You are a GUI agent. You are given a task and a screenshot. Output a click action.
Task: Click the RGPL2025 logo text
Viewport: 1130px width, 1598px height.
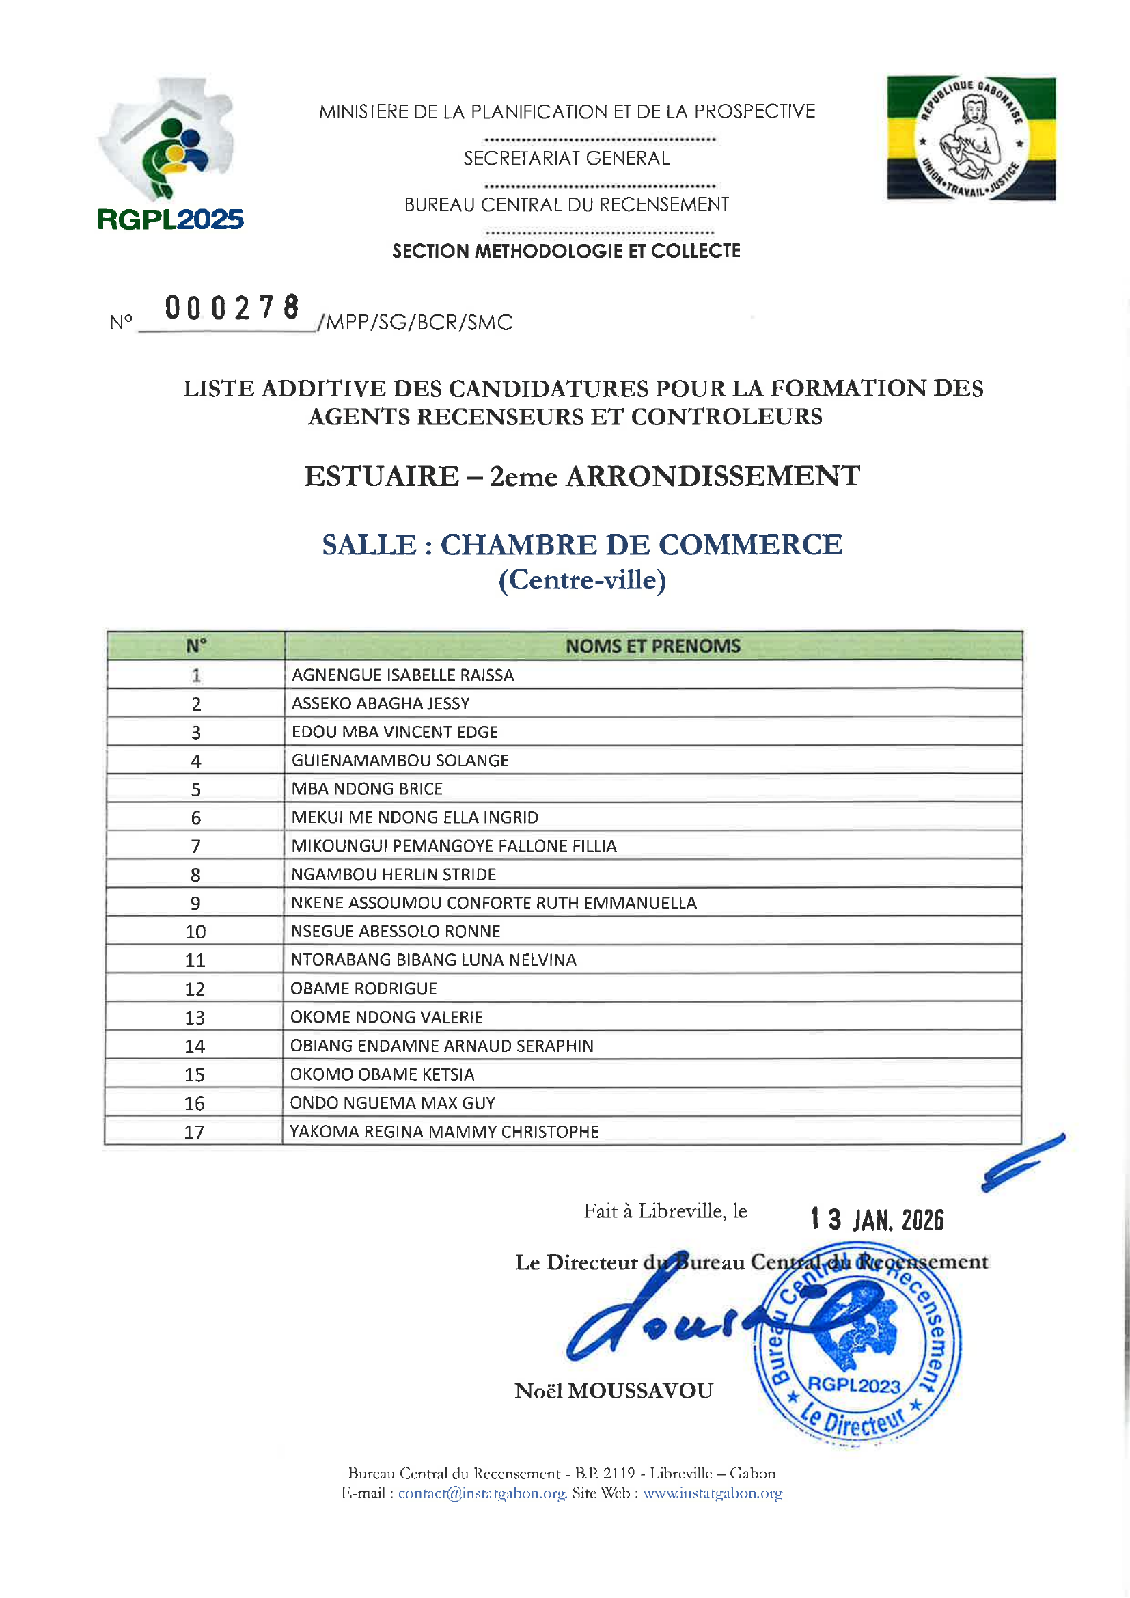(x=170, y=219)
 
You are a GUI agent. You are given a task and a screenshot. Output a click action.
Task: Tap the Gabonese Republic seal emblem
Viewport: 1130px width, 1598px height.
(x=971, y=139)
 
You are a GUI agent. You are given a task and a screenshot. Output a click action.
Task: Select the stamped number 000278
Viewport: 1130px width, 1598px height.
(x=232, y=308)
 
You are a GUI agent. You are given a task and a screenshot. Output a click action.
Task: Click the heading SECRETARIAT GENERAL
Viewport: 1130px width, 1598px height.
(x=566, y=159)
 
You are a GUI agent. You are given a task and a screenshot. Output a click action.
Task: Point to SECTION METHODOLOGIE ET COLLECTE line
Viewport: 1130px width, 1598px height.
(x=566, y=251)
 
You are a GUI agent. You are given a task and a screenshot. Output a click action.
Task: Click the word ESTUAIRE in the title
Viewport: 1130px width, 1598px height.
(x=381, y=477)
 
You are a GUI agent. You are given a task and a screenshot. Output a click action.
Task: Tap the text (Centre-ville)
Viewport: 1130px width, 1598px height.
(x=582, y=580)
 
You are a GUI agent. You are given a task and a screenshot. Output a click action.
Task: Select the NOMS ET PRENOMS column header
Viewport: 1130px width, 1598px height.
(x=652, y=646)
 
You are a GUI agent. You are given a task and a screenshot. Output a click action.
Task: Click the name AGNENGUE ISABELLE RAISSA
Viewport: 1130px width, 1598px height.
(x=403, y=675)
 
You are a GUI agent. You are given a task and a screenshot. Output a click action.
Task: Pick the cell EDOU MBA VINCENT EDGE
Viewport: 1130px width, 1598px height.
(x=394, y=732)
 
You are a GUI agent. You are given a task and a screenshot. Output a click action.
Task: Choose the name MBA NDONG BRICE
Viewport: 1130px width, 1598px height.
(x=367, y=789)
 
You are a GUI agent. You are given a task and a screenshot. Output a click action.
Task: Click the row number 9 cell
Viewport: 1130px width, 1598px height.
(x=195, y=904)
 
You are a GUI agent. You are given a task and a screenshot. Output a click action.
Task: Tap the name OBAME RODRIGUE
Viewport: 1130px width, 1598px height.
(x=363, y=988)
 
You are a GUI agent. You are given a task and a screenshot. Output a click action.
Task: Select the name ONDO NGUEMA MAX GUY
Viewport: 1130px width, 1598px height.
(x=392, y=1102)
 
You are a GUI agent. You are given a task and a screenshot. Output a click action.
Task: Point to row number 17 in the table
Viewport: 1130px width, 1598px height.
(x=194, y=1132)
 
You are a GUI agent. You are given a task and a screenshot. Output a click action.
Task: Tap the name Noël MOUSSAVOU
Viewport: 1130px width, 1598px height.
(x=614, y=1391)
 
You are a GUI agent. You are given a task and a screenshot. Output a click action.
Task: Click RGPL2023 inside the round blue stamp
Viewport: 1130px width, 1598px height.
(x=854, y=1385)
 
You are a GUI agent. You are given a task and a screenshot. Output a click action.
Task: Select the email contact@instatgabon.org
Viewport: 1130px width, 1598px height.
(x=482, y=1493)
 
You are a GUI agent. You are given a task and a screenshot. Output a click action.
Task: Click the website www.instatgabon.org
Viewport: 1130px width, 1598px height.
(x=713, y=1493)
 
